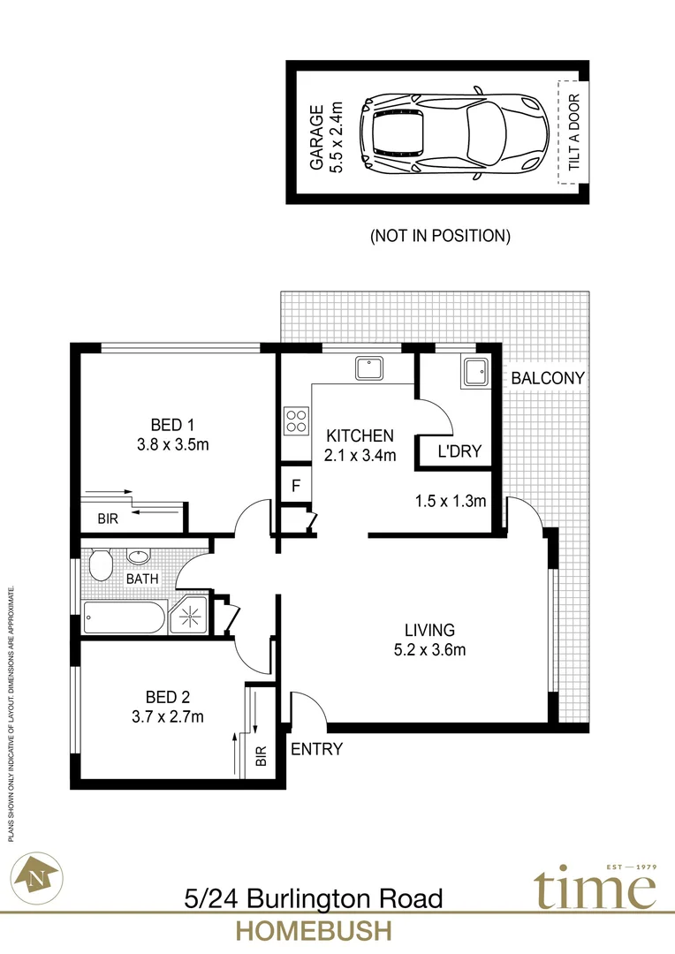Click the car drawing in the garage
pyautogui.click(x=455, y=132)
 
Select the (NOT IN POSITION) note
pyautogui.click(x=440, y=236)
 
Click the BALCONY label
pyautogui.click(x=548, y=378)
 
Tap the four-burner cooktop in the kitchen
pyautogui.click(x=295, y=420)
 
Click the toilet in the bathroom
pyautogui.click(x=100, y=564)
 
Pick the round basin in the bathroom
pyautogui.click(x=138, y=557)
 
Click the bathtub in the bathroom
pyautogui.click(x=125, y=617)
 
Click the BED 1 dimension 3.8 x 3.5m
pyautogui.click(x=172, y=444)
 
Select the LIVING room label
pyautogui.click(x=429, y=631)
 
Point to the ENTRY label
pyautogui.click(x=316, y=750)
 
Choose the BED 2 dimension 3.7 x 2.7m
pyautogui.click(x=167, y=716)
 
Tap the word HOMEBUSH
pyautogui.click(x=313, y=932)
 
